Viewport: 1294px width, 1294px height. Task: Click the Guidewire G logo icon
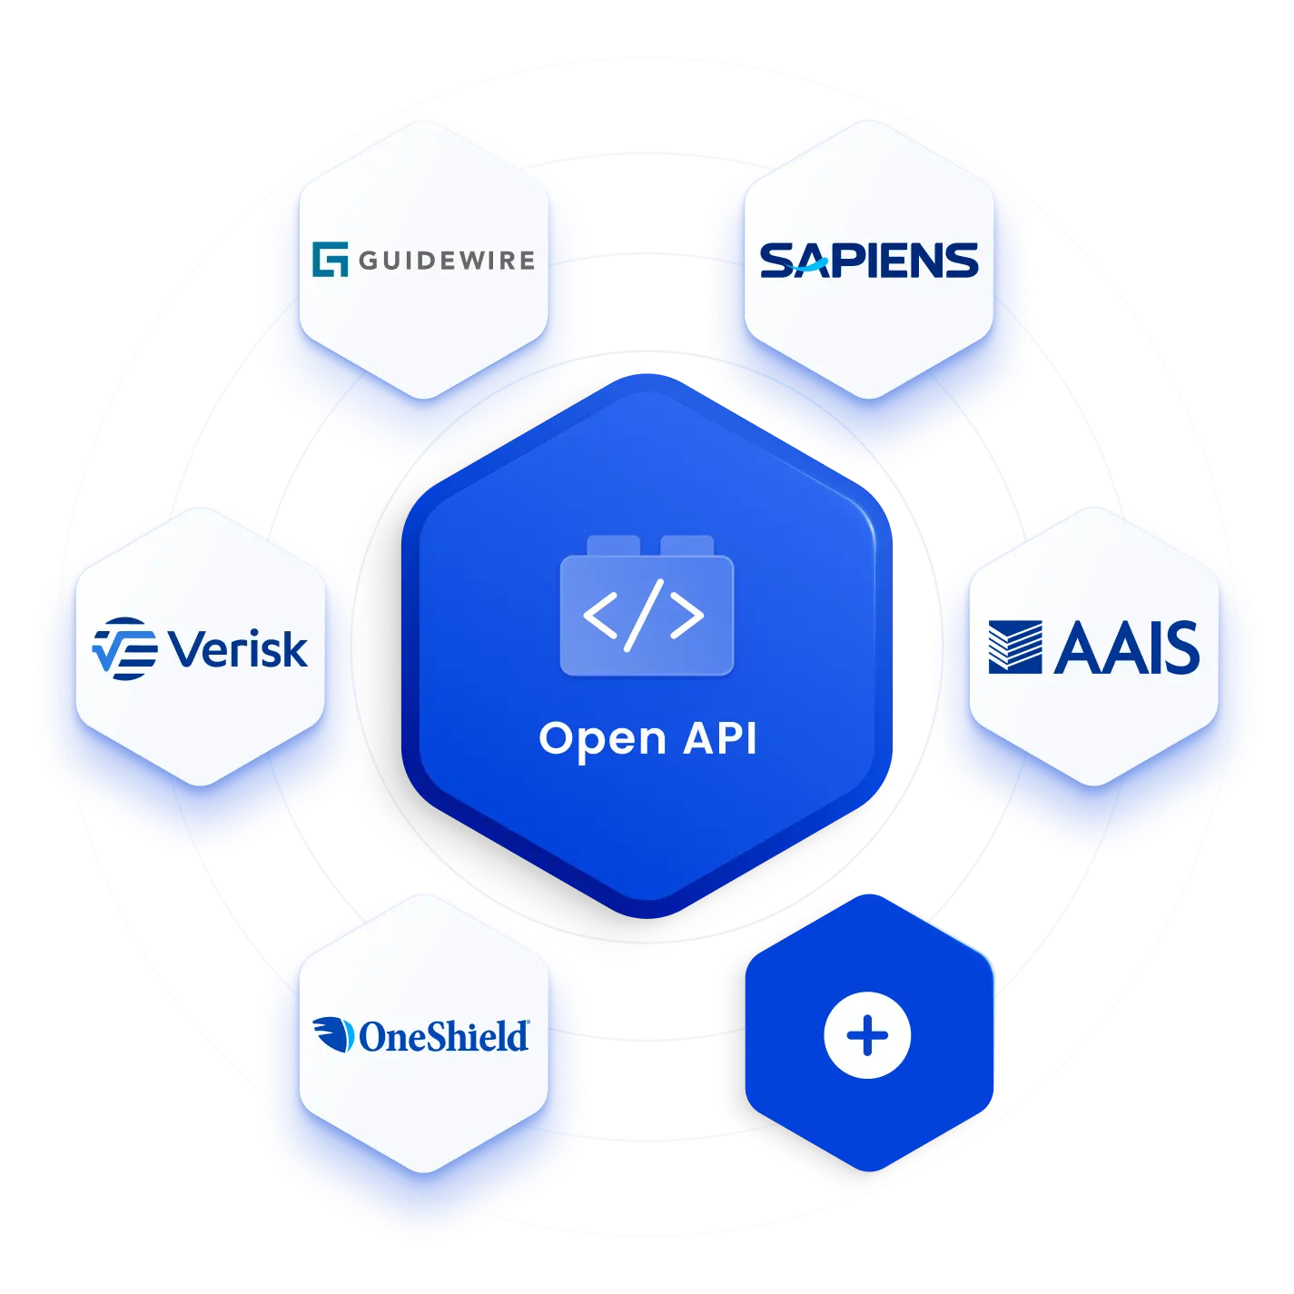pos(330,260)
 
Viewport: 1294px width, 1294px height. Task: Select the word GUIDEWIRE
pos(447,261)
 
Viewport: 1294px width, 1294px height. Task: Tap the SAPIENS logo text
pos(869,261)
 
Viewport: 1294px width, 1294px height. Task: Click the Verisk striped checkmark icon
pos(124,648)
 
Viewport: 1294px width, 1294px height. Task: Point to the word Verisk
pos(239,648)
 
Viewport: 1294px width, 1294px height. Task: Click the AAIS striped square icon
pos(1015,647)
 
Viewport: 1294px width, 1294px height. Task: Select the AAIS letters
pos(1127,647)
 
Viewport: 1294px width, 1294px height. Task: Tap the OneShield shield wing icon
pos(332,1035)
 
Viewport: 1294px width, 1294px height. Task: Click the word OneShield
pos(443,1036)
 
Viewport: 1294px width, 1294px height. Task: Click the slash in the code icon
pos(644,616)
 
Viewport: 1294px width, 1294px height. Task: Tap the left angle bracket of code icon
pos(600,616)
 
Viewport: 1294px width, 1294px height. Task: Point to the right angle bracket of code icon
pos(687,616)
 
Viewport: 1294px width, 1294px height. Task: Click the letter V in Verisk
pos(188,649)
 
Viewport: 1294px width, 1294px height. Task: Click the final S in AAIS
pos(1181,647)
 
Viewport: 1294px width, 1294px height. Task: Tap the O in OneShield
pos(374,1037)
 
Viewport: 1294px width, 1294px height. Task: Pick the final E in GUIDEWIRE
pos(524,261)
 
